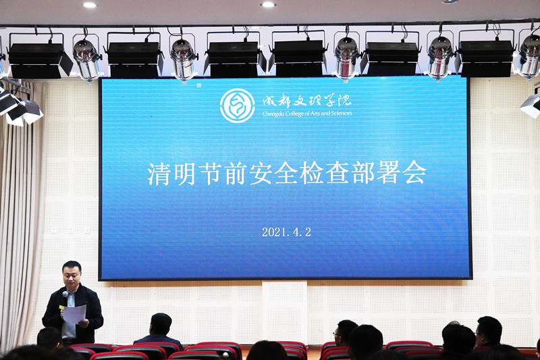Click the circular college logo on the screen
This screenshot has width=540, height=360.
click(238, 105)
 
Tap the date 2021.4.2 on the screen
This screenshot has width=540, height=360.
click(286, 232)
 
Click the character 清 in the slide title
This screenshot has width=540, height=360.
click(159, 174)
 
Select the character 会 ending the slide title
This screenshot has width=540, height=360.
click(414, 172)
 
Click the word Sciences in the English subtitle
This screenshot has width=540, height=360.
click(341, 113)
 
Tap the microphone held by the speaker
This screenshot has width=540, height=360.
click(65, 296)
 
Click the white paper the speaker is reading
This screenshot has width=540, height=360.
click(74, 314)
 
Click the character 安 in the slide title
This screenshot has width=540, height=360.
click(261, 173)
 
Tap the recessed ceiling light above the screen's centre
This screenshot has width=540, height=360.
click(268, 5)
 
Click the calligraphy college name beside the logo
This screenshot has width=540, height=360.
click(307, 101)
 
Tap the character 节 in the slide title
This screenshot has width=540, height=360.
click(211, 174)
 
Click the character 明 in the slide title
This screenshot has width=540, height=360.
click(185, 174)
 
